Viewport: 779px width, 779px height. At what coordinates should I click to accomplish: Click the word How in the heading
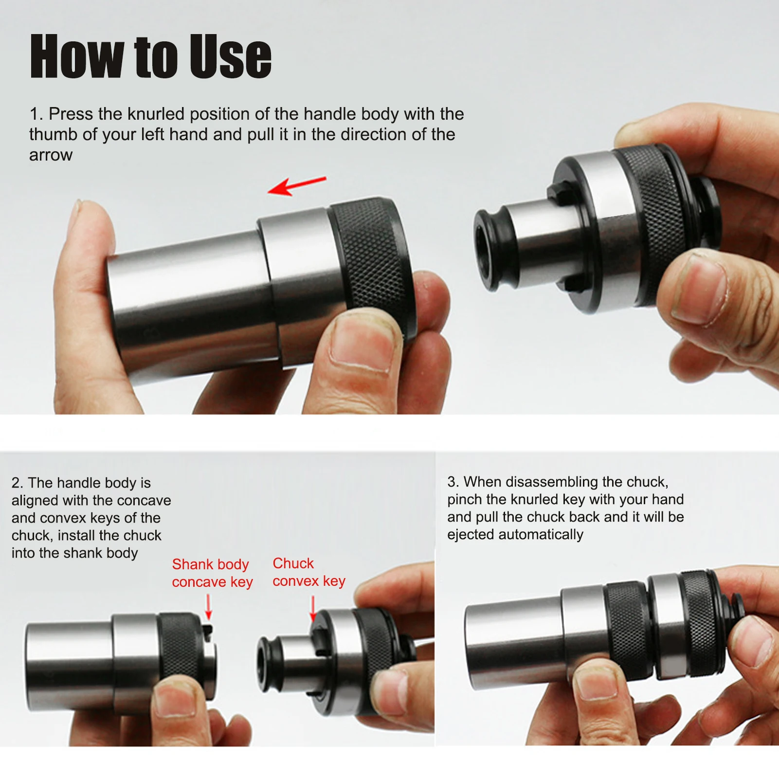click(x=76, y=56)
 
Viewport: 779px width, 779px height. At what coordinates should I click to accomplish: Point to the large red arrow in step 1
click(x=297, y=185)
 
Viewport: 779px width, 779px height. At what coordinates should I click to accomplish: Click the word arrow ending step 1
click(x=51, y=155)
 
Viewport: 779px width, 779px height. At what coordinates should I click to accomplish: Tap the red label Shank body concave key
click(x=212, y=573)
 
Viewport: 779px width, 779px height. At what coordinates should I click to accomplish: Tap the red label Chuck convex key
click(x=308, y=572)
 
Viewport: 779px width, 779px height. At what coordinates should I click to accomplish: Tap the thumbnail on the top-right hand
click(x=701, y=290)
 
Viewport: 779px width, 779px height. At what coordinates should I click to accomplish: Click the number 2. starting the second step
click(x=17, y=483)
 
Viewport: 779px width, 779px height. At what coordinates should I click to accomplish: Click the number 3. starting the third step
click(x=453, y=482)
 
